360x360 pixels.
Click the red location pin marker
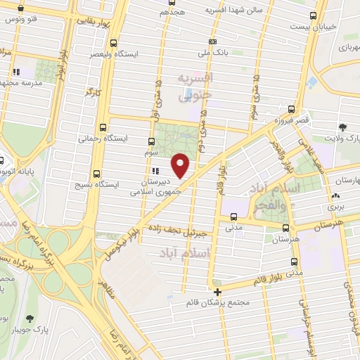(x=181, y=165)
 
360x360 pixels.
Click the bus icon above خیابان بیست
(x=312, y=15)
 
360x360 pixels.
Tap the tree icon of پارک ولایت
(x=342, y=127)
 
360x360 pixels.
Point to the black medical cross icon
(x=218, y=292)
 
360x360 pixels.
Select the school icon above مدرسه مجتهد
(x=16, y=72)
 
